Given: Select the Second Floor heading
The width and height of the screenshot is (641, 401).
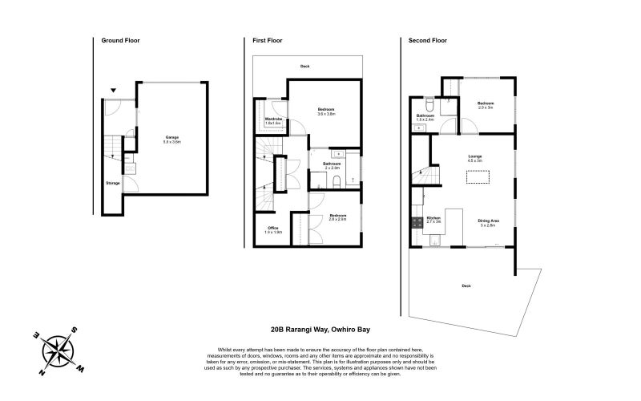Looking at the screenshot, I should (x=427, y=39).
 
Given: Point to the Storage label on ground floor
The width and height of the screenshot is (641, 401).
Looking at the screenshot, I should (x=113, y=184).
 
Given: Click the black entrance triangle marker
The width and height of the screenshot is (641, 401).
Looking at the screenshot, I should (x=114, y=91).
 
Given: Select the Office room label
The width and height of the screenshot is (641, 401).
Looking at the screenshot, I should (x=273, y=229).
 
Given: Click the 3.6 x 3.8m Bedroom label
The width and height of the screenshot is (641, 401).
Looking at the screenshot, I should (x=326, y=111).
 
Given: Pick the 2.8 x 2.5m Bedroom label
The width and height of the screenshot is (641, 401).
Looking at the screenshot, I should (x=337, y=217).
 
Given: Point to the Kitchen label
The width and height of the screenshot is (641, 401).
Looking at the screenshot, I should (x=433, y=220).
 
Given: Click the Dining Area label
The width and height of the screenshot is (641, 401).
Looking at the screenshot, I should (x=490, y=222).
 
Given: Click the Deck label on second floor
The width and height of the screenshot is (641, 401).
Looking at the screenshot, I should (x=466, y=286).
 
